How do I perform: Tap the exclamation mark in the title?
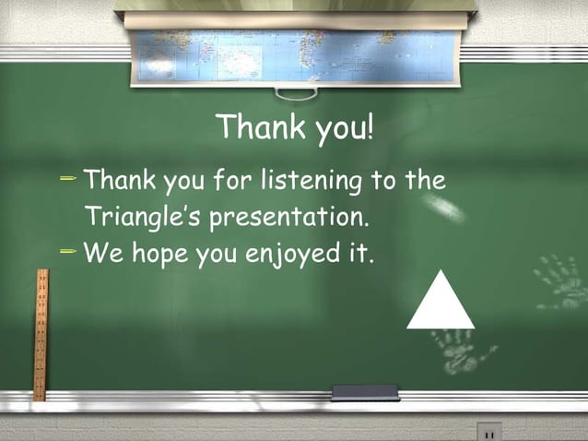point(370,127)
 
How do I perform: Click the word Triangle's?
point(144,220)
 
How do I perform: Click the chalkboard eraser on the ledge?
point(365,393)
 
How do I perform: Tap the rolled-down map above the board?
point(296,55)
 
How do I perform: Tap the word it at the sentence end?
point(359,254)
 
